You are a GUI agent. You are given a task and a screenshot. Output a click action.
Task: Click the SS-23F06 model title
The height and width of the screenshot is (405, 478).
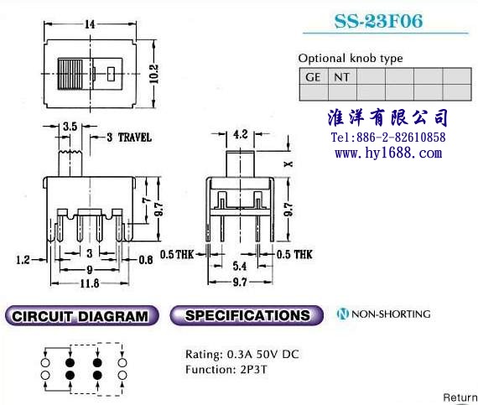point(378,21)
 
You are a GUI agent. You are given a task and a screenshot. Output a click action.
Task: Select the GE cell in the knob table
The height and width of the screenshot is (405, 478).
point(314,76)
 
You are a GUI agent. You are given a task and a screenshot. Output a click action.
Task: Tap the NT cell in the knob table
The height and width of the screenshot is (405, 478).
point(342,76)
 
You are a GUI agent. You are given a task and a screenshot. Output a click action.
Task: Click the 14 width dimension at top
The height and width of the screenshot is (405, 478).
point(90,24)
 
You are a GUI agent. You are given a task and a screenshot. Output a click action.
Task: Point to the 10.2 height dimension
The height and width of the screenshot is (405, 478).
point(153,74)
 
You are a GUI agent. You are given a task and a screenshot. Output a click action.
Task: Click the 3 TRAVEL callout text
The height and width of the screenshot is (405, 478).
point(129,138)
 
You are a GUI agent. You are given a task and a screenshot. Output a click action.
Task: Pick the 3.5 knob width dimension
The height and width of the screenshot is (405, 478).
point(70,126)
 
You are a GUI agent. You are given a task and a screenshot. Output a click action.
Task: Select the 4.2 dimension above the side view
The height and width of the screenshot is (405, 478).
point(241,134)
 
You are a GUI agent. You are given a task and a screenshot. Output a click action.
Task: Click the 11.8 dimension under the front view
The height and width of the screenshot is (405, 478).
point(90,283)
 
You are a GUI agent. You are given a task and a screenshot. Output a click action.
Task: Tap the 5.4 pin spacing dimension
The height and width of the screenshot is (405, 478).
point(240,266)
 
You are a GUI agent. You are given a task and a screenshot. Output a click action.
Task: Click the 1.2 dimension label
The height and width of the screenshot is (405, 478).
point(23,260)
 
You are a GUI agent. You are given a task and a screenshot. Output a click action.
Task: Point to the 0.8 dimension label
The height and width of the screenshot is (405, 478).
point(146,260)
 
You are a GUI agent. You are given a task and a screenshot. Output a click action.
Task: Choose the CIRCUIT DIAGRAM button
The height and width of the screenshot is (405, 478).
point(81,316)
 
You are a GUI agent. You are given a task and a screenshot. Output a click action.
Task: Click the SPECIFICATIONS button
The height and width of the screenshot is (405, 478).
point(247,315)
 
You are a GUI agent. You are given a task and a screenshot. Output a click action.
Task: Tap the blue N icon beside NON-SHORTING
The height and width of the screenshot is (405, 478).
point(343,314)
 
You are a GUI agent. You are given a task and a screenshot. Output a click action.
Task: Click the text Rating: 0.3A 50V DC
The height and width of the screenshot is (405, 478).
point(242,354)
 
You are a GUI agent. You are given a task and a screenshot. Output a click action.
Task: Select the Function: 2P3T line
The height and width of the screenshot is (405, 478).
point(226,370)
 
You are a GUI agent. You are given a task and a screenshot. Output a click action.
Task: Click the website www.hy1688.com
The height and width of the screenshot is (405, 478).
point(388,153)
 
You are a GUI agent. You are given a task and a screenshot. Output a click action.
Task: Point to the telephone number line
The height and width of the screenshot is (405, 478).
point(388,138)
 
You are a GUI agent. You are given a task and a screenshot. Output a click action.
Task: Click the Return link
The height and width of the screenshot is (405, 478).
point(460,397)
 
